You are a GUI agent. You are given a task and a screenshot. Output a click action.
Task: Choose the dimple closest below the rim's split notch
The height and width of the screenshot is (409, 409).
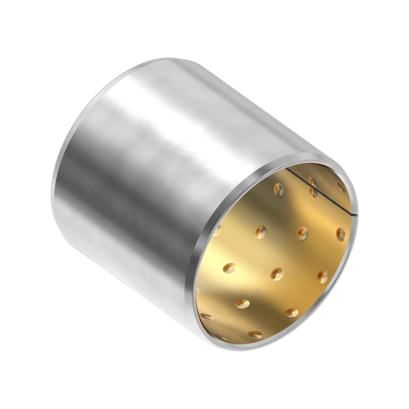click(x=340, y=234)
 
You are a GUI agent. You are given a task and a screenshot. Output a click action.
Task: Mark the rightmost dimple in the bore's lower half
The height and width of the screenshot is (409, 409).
click(x=322, y=276)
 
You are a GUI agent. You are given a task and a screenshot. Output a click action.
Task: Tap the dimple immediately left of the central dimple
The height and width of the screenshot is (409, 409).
click(x=229, y=267)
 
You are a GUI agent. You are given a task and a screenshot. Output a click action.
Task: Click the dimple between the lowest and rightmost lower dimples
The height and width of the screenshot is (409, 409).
click(x=291, y=313)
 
